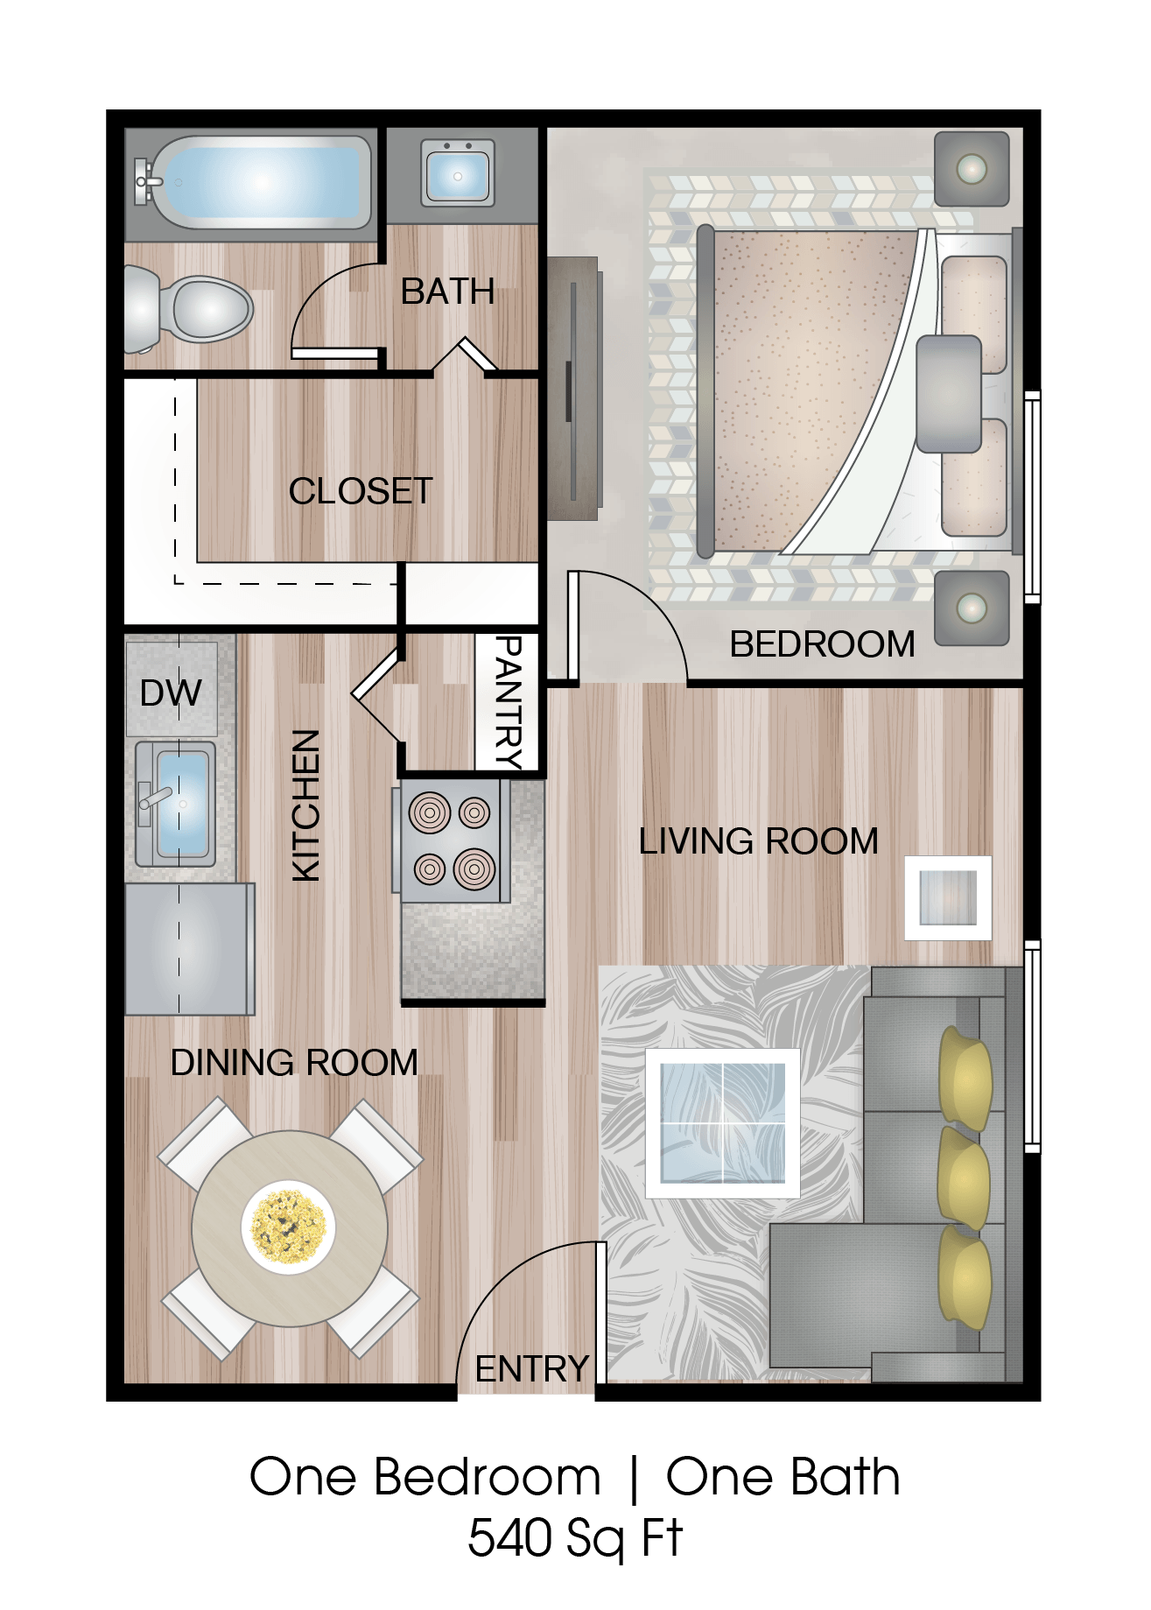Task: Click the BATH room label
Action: pos(447,292)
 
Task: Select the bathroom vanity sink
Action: pos(457,174)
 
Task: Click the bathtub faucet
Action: pos(146,181)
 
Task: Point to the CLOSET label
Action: pos(361,491)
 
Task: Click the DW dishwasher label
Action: pos(171,693)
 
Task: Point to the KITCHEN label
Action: pos(306,805)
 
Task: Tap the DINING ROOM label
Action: pos(294,1062)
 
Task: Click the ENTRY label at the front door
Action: pos(531,1368)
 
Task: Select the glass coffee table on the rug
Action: pos(722,1122)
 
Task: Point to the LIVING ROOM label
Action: pos(758,841)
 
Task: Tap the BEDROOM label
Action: pos(822,644)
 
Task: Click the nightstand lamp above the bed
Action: pos(972,169)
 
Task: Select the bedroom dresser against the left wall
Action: pos(573,388)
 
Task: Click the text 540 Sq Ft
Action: pos(574,1538)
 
